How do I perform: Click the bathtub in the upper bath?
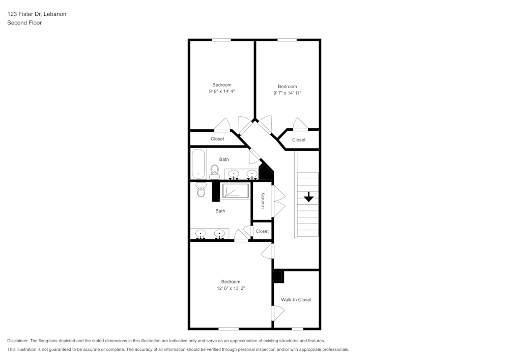click(198, 163)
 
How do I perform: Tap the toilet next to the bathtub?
click(214, 171)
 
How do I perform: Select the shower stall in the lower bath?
click(235, 191)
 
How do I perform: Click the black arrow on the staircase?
click(308, 197)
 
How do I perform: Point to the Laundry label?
click(263, 201)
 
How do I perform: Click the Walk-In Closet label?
click(296, 299)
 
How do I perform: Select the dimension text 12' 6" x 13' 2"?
click(231, 288)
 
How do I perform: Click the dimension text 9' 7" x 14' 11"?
click(288, 93)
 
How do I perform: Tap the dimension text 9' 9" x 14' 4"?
click(222, 91)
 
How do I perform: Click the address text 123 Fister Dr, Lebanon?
click(37, 14)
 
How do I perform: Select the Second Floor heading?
click(24, 23)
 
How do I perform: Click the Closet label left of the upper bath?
click(217, 139)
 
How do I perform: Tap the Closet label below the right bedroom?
click(299, 140)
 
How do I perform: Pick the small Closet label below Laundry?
click(262, 231)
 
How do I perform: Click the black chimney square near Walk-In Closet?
click(278, 276)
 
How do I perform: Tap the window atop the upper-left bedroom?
click(221, 40)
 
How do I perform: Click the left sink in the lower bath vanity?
click(201, 234)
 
